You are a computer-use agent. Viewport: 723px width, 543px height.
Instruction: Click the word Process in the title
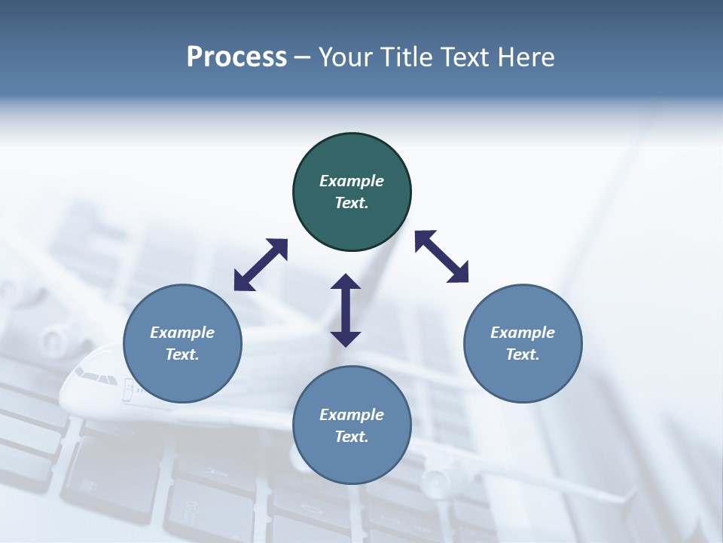(x=236, y=57)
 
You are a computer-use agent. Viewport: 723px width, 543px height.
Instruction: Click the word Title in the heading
(x=406, y=57)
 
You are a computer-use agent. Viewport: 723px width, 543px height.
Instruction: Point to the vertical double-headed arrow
(x=346, y=310)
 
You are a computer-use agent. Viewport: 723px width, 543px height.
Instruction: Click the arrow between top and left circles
(x=261, y=265)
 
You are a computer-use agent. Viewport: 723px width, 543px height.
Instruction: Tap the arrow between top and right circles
(x=442, y=256)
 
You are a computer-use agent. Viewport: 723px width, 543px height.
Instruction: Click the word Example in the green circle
(x=352, y=181)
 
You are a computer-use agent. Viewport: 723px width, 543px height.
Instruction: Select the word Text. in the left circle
(x=182, y=354)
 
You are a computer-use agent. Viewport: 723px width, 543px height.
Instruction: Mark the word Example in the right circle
(x=523, y=333)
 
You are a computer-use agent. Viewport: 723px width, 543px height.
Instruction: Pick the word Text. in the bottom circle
(x=352, y=437)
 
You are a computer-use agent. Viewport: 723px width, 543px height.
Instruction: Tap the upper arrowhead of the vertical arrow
(x=346, y=282)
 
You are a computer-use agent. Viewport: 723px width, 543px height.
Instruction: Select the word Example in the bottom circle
(x=352, y=415)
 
